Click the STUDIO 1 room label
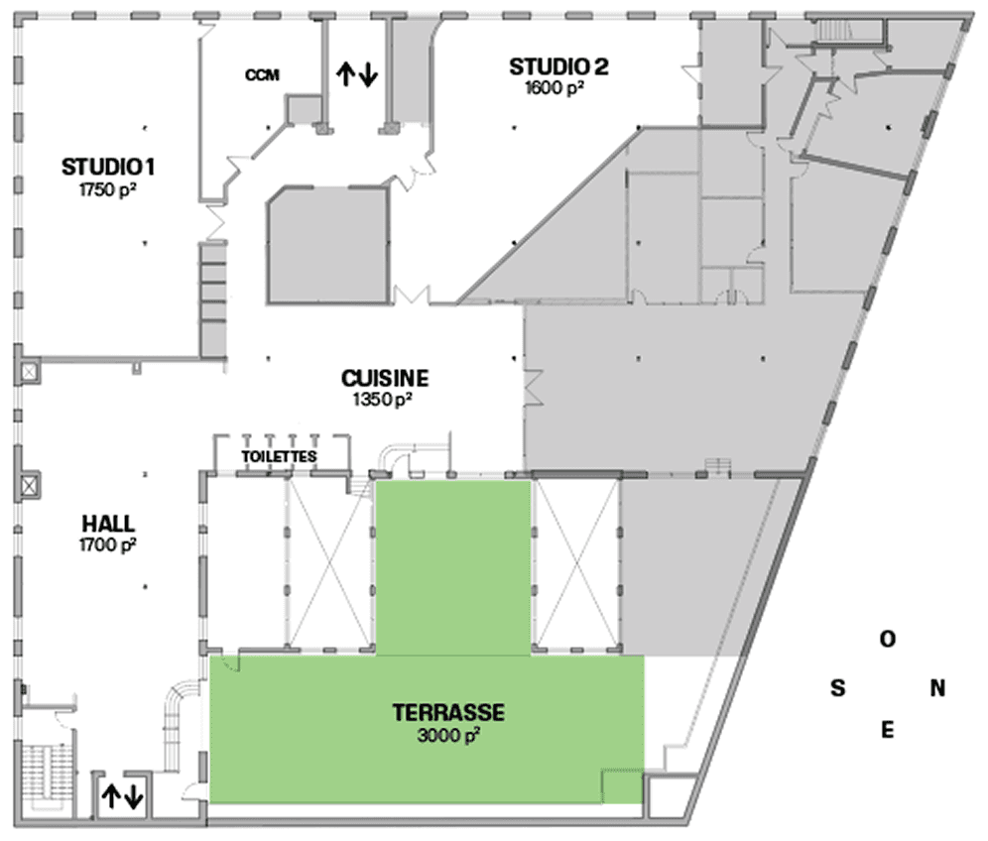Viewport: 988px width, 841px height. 108,167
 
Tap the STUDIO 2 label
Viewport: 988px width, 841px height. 558,66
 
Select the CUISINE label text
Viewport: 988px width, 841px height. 385,378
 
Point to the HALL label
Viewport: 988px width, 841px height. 108,524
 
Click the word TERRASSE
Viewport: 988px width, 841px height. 448,712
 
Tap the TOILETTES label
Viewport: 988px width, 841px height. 279,456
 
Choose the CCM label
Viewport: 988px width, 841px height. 262,75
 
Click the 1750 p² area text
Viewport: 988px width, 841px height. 108,189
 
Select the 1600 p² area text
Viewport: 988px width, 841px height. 555,88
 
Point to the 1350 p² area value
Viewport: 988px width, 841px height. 383,400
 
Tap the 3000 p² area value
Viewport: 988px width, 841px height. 448,735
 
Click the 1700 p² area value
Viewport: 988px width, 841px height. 108,544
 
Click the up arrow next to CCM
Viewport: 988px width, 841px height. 344,73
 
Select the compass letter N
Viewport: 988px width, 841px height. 937,688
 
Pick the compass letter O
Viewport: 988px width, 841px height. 888,640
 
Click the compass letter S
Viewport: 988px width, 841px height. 837,688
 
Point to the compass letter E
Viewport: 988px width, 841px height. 887,730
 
